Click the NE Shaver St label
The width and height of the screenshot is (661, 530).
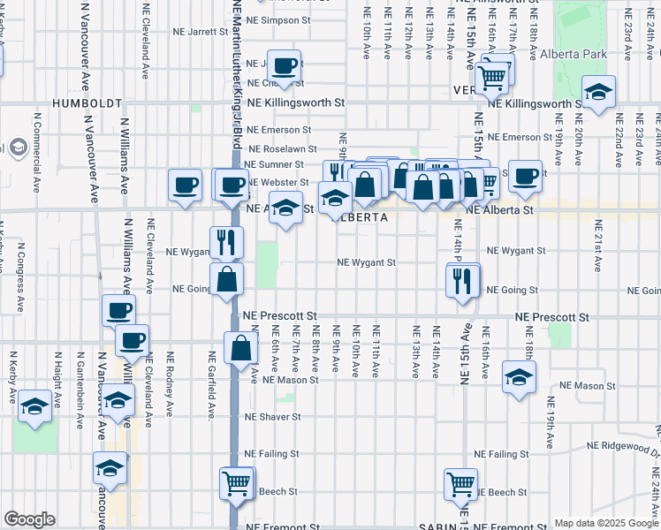coord(273,417)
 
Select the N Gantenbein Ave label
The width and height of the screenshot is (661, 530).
coord(79,379)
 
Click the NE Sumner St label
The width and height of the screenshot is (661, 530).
coord(274,164)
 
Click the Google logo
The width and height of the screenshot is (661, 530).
coord(29,519)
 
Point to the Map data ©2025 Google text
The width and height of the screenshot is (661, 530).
coord(606,523)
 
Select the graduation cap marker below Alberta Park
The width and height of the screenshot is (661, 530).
coord(598,93)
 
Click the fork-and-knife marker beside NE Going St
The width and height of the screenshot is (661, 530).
coord(461,282)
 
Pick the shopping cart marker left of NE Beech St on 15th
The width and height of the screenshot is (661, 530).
coord(461,484)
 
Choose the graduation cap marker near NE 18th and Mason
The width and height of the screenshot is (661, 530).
coord(519,377)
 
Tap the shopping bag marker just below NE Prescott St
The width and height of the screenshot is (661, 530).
coord(240,349)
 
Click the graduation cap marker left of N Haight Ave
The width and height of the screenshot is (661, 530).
coord(35,406)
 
